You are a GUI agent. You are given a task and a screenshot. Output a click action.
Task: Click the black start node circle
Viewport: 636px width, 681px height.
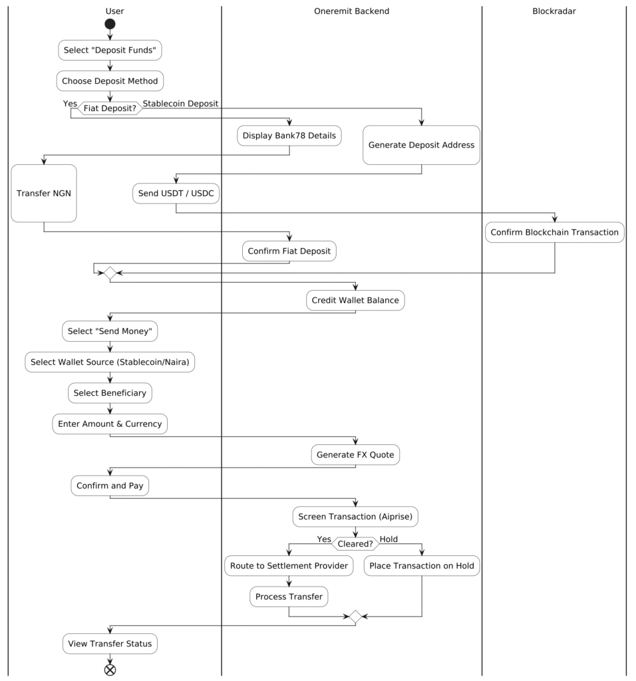pos(110,24)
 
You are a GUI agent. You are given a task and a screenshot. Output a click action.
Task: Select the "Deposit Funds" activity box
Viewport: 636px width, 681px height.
pos(110,50)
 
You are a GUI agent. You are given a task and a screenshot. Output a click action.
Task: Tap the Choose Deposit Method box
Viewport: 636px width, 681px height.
pos(110,80)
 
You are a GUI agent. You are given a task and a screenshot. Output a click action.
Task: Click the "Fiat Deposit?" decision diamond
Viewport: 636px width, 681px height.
pos(110,108)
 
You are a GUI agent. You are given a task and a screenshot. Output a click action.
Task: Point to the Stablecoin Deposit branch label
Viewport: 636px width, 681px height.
pos(180,103)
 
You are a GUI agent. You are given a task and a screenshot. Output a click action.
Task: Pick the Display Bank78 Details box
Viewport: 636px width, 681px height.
pos(289,136)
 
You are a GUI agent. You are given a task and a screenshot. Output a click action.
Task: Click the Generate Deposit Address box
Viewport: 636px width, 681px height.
pos(421,145)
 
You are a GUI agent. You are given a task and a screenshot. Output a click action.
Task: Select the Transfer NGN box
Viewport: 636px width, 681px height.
pos(44,194)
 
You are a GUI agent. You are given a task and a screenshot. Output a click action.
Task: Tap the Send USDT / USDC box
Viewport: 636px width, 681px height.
pos(176,194)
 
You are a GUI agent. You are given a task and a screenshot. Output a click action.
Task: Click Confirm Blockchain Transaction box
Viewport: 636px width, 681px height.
pos(555,232)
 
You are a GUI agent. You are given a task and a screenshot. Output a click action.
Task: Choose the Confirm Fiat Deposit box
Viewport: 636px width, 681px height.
pos(289,251)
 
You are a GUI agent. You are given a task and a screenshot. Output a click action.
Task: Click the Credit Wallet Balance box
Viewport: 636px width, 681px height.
pos(355,300)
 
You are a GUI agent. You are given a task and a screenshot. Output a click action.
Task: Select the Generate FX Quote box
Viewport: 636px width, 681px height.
pos(355,455)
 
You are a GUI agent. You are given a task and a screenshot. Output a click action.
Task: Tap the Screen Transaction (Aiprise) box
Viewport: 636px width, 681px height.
pos(355,516)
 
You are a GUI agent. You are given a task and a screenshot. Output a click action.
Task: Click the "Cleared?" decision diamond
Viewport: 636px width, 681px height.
pos(355,544)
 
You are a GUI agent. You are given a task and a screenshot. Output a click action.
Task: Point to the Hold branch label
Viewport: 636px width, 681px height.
pos(389,539)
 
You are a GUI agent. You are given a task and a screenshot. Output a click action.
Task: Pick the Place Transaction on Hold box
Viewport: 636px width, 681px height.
pos(422,565)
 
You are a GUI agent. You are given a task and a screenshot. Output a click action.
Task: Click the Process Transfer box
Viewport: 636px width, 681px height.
pos(289,597)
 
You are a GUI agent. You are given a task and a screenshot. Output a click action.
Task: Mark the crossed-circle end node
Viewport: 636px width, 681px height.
pos(110,670)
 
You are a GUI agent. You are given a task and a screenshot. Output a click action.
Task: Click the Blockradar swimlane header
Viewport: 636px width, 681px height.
pos(554,11)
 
